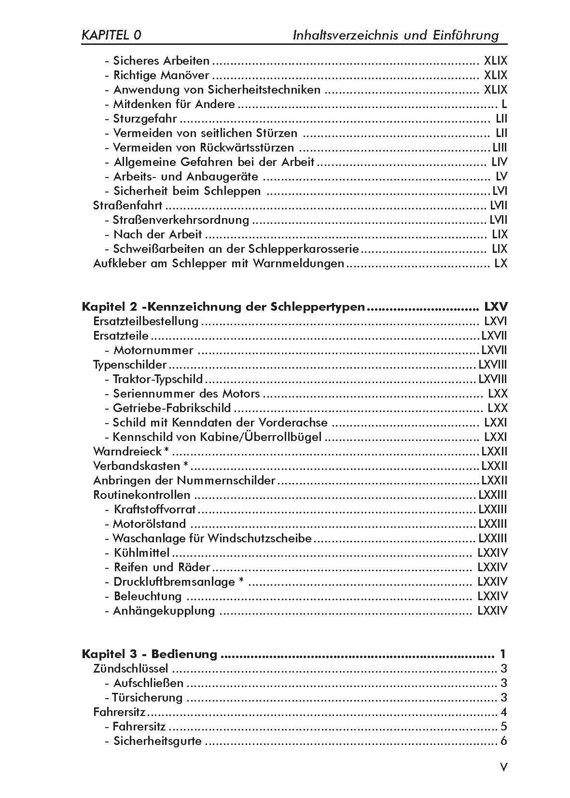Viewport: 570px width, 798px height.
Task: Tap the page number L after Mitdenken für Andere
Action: coord(504,104)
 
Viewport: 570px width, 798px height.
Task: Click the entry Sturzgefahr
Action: coord(145,119)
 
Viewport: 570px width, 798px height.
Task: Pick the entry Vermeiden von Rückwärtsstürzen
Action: coord(203,148)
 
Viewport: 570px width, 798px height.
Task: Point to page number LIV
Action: coord(499,162)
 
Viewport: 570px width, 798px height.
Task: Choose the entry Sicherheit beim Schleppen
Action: coord(187,191)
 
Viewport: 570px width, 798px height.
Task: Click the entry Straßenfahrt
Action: coord(127,206)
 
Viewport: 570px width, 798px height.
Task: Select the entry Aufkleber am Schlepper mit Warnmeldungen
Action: coord(219,264)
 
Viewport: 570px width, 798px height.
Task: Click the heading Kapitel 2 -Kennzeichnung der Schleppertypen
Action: coord(223,307)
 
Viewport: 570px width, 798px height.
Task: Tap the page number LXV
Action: coord(496,307)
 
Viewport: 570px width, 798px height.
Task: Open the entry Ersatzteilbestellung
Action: coord(146,321)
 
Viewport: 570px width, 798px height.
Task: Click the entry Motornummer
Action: coord(153,350)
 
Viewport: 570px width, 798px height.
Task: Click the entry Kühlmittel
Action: coord(141,553)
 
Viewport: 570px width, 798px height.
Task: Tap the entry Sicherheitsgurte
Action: coord(157,741)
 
